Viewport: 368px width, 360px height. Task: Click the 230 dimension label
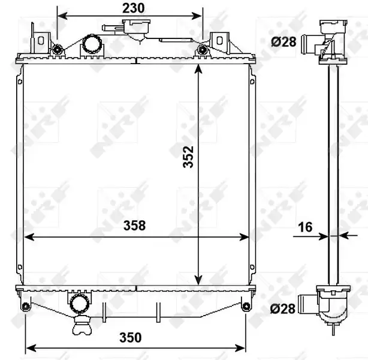133,8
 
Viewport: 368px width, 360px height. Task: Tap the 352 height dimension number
188,157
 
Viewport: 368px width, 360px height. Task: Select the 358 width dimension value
134,226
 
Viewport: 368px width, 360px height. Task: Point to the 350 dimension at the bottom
131,338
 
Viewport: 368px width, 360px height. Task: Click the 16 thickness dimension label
305,227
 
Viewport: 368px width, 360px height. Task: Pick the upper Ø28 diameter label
283,42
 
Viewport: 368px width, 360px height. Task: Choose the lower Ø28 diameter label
283,308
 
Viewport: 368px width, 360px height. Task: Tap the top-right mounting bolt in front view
202,50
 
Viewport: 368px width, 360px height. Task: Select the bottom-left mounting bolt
25,307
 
